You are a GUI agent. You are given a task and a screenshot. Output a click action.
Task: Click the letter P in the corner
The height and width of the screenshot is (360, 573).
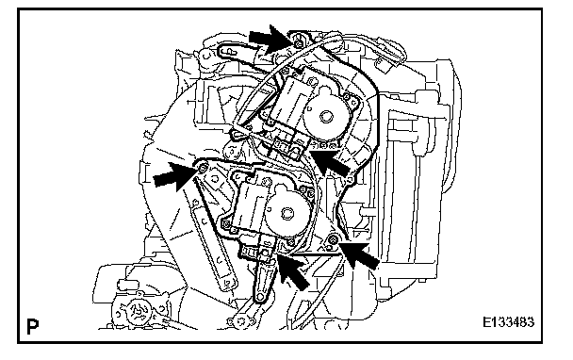pyautogui.click(x=33, y=326)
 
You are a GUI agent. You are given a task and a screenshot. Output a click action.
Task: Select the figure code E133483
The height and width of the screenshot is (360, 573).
pyautogui.click(x=508, y=322)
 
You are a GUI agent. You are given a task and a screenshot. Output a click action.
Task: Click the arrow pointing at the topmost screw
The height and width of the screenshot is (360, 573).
pyautogui.click(x=272, y=39)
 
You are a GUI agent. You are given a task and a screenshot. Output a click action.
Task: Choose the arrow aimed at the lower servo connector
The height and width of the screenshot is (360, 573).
pyautogui.click(x=294, y=271)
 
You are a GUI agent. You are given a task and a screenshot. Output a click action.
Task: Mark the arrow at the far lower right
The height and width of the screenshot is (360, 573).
pyautogui.click(x=359, y=255)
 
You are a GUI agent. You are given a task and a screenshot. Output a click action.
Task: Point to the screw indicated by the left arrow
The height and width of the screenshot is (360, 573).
pyautogui.click(x=204, y=168)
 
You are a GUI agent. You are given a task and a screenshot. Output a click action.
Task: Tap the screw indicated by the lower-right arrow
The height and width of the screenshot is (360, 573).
pyautogui.click(x=333, y=239)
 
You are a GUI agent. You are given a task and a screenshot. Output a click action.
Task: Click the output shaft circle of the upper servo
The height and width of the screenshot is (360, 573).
pyautogui.click(x=325, y=117)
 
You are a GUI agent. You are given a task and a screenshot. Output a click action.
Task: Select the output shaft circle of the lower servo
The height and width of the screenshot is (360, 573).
pyautogui.click(x=286, y=213)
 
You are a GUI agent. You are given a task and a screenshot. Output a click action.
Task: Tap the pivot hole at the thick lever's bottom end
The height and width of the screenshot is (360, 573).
pyautogui.click(x=259, y=297)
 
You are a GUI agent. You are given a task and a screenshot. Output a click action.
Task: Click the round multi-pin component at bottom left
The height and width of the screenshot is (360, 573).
pyautogui.click(x=135, y=312)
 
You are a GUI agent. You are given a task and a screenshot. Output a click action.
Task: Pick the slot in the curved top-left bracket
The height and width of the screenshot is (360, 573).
pyautogui.click(x=227, y=52)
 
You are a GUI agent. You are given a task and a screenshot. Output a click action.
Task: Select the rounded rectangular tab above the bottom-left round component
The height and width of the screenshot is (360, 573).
pyautogui.click(x=125, y=285)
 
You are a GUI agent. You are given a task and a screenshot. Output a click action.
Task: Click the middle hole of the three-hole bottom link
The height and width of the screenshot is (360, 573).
pyautogui.click(x=241, y=321)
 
